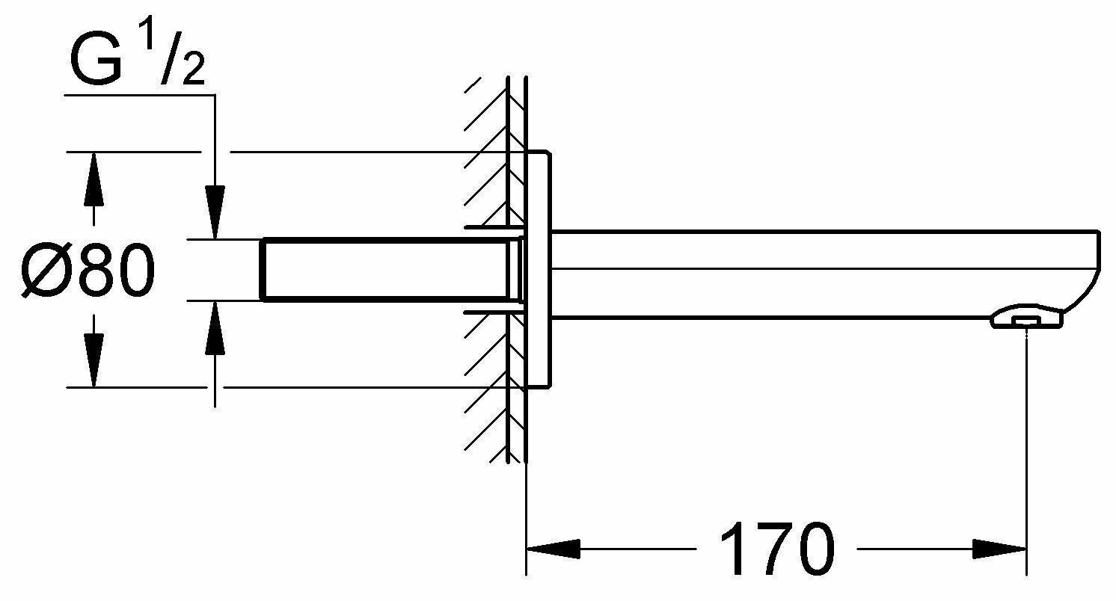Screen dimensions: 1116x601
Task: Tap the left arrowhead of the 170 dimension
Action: point(554,550)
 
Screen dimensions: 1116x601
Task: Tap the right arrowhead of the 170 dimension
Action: point(1001,550)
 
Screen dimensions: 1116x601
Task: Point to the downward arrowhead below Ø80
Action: point(93,362)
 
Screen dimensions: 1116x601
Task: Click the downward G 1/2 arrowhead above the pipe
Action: point(215,212)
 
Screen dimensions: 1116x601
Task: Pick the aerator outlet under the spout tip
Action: point(1027,320)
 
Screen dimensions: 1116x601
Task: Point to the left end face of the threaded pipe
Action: point(263,270)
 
